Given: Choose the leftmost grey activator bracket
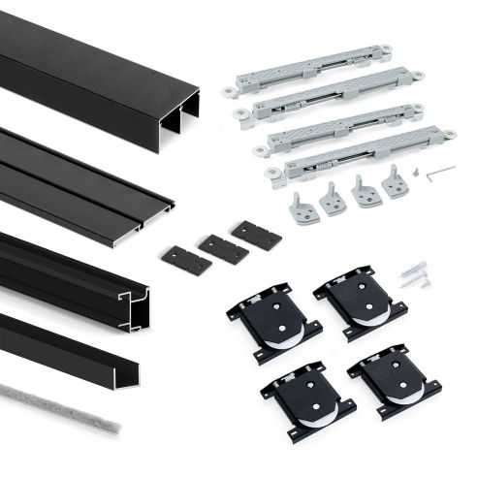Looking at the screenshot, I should (x=302, y=206).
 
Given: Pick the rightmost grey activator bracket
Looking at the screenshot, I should (x=395, y=181).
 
